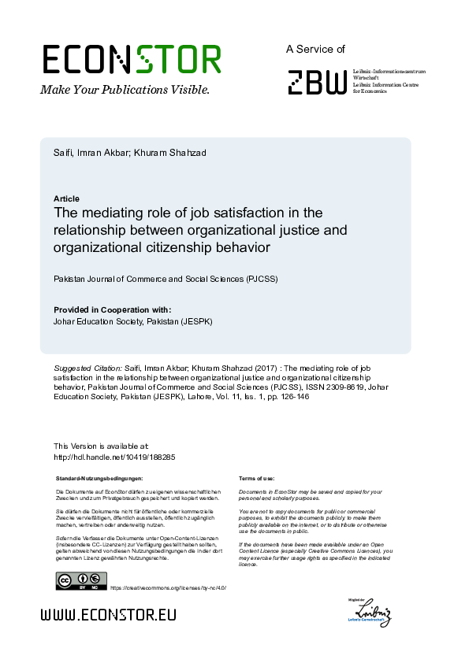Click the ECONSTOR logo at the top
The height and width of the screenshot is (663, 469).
coord(132,60)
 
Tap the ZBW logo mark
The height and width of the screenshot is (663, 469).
coord(317,82)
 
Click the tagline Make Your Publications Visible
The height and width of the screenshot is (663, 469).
coord(125,90)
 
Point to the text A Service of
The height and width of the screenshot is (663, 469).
coord(315,49)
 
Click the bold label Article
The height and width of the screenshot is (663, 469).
coord(66,198)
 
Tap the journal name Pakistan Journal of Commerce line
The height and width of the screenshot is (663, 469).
coord(166,280)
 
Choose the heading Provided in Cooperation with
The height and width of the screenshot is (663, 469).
coord(112,309)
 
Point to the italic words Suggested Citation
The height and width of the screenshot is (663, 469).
coord(87,368)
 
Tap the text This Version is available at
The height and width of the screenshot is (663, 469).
coord(101,446)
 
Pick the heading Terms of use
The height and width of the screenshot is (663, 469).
coord(256,478)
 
